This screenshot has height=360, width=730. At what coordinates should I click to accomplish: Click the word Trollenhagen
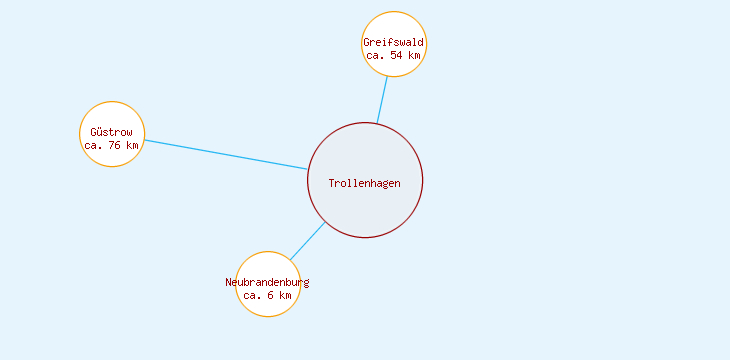coord(364,183)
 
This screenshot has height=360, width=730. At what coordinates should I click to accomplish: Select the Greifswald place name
coord(394,43)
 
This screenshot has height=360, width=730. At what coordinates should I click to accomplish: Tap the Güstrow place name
coord(111,132)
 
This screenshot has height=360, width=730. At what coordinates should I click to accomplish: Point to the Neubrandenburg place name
coord(267,282)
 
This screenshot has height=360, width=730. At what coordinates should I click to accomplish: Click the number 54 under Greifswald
coord(397,56)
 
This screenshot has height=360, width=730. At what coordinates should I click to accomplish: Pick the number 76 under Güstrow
coord(114,146)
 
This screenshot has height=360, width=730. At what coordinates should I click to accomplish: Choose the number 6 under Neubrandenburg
coord(271,296)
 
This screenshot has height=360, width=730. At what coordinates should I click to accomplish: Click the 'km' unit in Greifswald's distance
coord(414,56)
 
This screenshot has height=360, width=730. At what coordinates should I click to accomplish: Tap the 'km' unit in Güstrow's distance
coord(132,146)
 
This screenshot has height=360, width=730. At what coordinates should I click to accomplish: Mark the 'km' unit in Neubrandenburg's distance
coord(285,296)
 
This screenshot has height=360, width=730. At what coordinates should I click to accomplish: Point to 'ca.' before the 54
coord(376,56)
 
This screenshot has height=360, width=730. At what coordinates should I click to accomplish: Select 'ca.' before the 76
coord(94,146)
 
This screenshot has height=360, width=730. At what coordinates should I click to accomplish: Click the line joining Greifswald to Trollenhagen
coord(382,100)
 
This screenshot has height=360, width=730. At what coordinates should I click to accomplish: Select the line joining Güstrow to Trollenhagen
coord(225,154)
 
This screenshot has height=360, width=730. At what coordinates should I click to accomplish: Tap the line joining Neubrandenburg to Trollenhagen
coord(308,241)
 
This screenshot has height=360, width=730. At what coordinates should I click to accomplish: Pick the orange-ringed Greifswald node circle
coord(394,26)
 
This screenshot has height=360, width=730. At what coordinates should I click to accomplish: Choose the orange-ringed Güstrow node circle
coord(112,115)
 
